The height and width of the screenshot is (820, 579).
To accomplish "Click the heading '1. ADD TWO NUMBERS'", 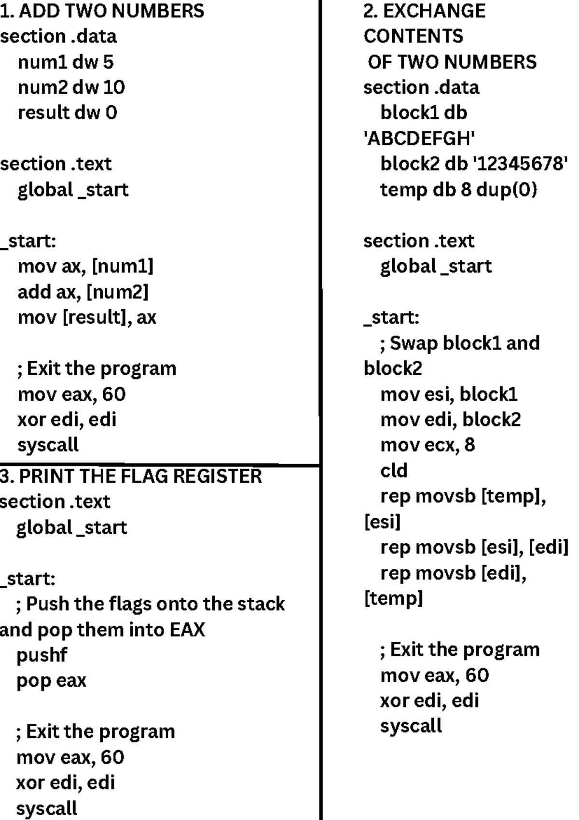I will (102, 11).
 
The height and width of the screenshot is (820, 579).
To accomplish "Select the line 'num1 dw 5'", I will (66, 62).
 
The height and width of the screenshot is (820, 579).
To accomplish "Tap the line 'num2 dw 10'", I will (71, 87).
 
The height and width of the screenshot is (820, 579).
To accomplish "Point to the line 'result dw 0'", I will (68, 113).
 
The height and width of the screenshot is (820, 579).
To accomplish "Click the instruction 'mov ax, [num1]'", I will (85, 266).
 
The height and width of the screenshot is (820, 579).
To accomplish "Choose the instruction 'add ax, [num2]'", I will (83, 292).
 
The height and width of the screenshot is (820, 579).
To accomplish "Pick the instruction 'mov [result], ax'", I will (87, 317).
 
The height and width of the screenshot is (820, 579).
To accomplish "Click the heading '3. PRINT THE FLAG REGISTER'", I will (131, 476).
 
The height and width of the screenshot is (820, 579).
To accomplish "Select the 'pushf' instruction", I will (41, 655).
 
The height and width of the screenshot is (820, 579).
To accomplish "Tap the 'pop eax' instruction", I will (52, 680).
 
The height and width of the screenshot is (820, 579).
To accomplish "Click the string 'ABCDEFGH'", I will (419, 139).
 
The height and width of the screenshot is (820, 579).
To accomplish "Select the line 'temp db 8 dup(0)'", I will (458, 190).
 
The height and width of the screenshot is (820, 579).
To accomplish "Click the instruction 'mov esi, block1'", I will (449, 395).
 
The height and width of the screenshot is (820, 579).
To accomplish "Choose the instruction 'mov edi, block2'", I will (451, 420).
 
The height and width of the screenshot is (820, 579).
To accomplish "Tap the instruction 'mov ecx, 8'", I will (428, 445).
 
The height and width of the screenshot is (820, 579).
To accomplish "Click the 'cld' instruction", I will (394, 470).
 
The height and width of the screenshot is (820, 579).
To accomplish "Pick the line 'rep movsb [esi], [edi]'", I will (474, 547).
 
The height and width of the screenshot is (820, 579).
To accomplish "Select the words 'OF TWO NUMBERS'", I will (452, 62).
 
